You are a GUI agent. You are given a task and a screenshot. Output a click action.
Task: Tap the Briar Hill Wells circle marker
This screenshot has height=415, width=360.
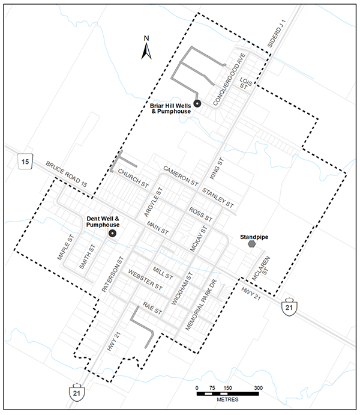click(197, 103)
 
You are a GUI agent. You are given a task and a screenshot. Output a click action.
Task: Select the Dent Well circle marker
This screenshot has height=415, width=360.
click(112, 233)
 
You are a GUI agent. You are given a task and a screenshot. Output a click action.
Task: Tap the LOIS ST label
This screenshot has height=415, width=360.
click(245, 83)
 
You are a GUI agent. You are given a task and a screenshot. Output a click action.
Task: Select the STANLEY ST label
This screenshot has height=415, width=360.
click(218, 198)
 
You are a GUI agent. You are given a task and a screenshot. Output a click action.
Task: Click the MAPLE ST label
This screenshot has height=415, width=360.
click(65, 247)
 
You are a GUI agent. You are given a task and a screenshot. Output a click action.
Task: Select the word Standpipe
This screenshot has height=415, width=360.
click(254, 237)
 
